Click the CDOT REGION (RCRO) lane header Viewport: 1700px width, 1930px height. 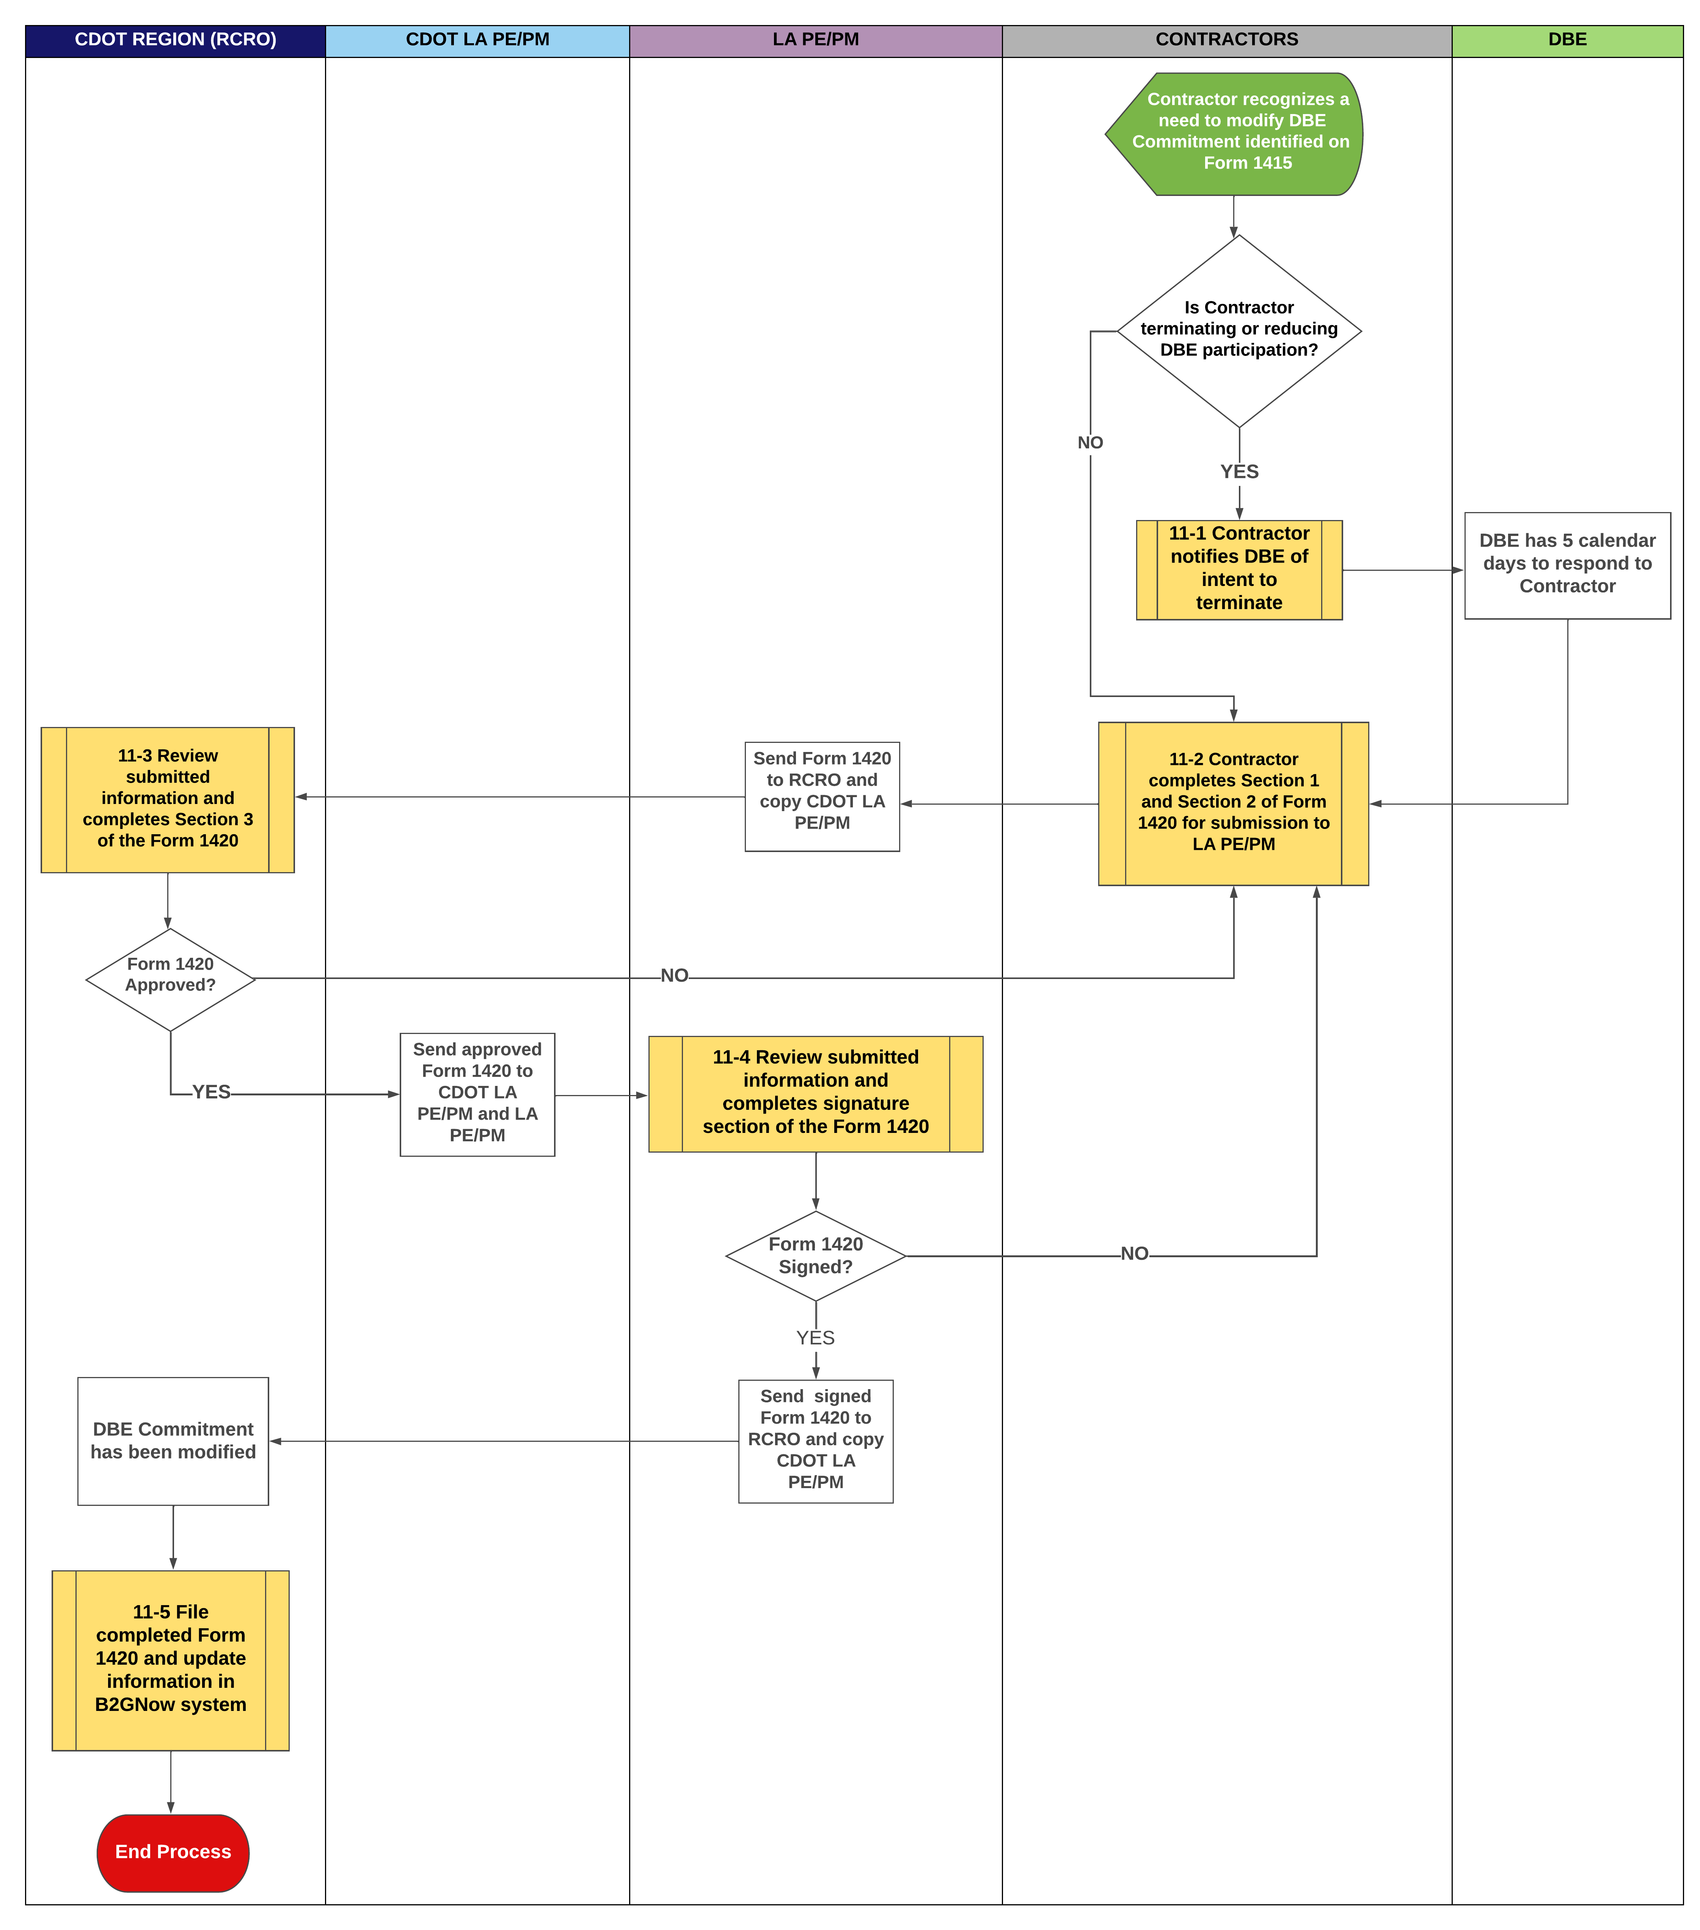[176, 40]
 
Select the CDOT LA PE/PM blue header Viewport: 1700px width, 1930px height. [477, 40]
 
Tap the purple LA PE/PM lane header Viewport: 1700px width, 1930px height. [815, 40]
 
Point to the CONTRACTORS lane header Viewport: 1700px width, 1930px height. [1226, 40]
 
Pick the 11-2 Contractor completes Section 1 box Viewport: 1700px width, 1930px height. [1232, 803]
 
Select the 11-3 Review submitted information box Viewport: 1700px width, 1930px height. [167, 799]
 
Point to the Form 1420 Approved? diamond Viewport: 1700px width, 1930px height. [170, 978]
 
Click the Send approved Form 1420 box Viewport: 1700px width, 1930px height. [477, 1093]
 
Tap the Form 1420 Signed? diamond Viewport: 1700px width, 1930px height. [815, 1255]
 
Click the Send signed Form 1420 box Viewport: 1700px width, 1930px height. [815, 1440]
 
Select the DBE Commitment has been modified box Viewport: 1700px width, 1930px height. [173, 1440]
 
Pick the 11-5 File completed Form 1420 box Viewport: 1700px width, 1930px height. [170, 1659]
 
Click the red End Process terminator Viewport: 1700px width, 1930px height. [173, 1852]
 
